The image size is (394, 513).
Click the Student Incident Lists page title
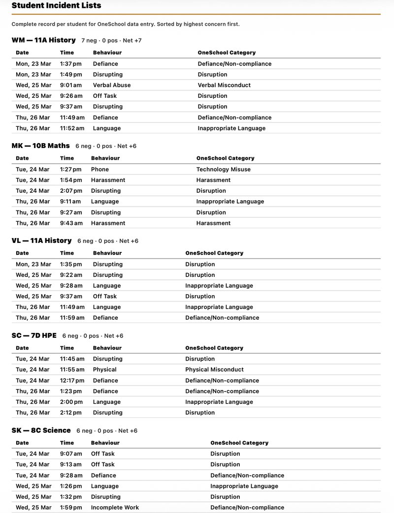(x=56, y=5)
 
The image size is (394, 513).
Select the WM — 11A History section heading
(x=43, y=40)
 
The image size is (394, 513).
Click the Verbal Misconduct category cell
(x=224, y=85)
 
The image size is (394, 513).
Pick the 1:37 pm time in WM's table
(x=71, y=63)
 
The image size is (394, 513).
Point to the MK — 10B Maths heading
(x=40, y=146)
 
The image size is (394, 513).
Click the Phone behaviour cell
(x=99, y=169)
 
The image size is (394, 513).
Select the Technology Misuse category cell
(x=223, y=169)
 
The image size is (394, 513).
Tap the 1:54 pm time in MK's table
(x=71, y=180)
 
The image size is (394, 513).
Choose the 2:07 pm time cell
(x=71, y=191)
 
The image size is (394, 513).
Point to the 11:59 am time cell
(x=72, y=318)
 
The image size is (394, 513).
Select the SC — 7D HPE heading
(x=34, y=335)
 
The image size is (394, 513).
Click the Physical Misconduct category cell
(x=214, y=369)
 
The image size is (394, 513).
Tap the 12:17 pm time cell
(x=72, y=380)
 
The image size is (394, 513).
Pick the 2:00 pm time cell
(x=71, y=402)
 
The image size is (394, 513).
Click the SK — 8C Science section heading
(x=41, y=430)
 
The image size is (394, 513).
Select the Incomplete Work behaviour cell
(x=115, y=508)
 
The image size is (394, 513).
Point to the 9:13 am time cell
(x=71, y=464)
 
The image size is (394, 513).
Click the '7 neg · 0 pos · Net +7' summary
(x=111, y=40)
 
